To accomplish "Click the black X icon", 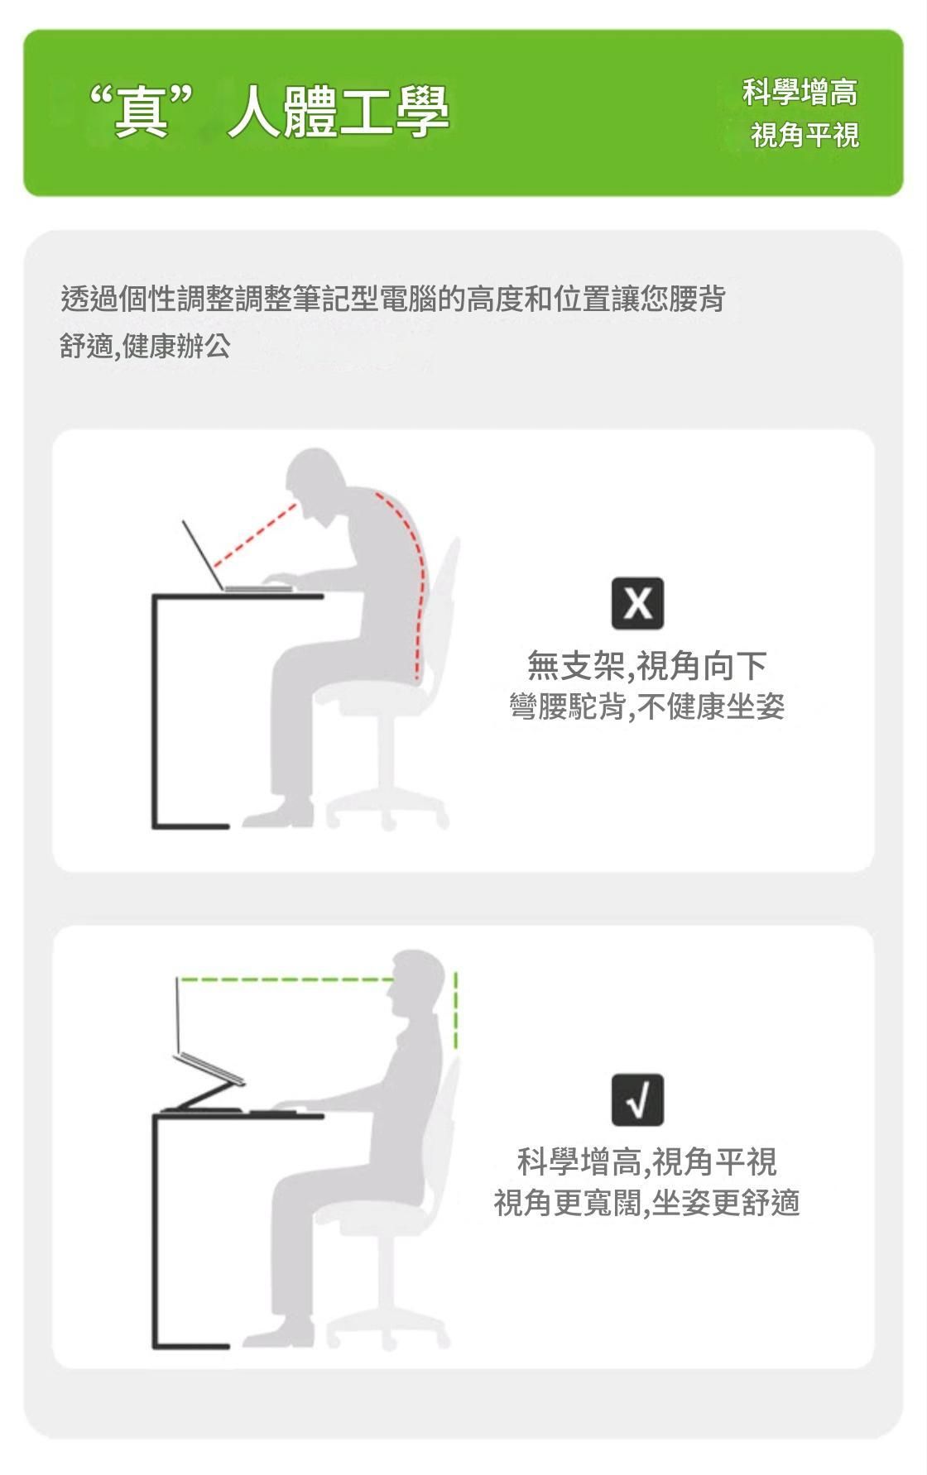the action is tap(637, 603).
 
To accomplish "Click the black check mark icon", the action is tap(637, 1099).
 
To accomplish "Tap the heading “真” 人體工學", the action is tap(269, 112).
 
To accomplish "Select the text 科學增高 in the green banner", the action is tap(800, 92).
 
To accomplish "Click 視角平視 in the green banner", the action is tap(805, 134).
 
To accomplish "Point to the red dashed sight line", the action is tap(255, 532).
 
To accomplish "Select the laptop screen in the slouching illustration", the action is tap(204, 555).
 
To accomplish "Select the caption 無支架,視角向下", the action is tap(647, 665).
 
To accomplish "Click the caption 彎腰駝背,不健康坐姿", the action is tap(647, 706).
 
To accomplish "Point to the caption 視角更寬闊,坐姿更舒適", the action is tap(647, 1202).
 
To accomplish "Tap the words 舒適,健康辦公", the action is tap(145, 345).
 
